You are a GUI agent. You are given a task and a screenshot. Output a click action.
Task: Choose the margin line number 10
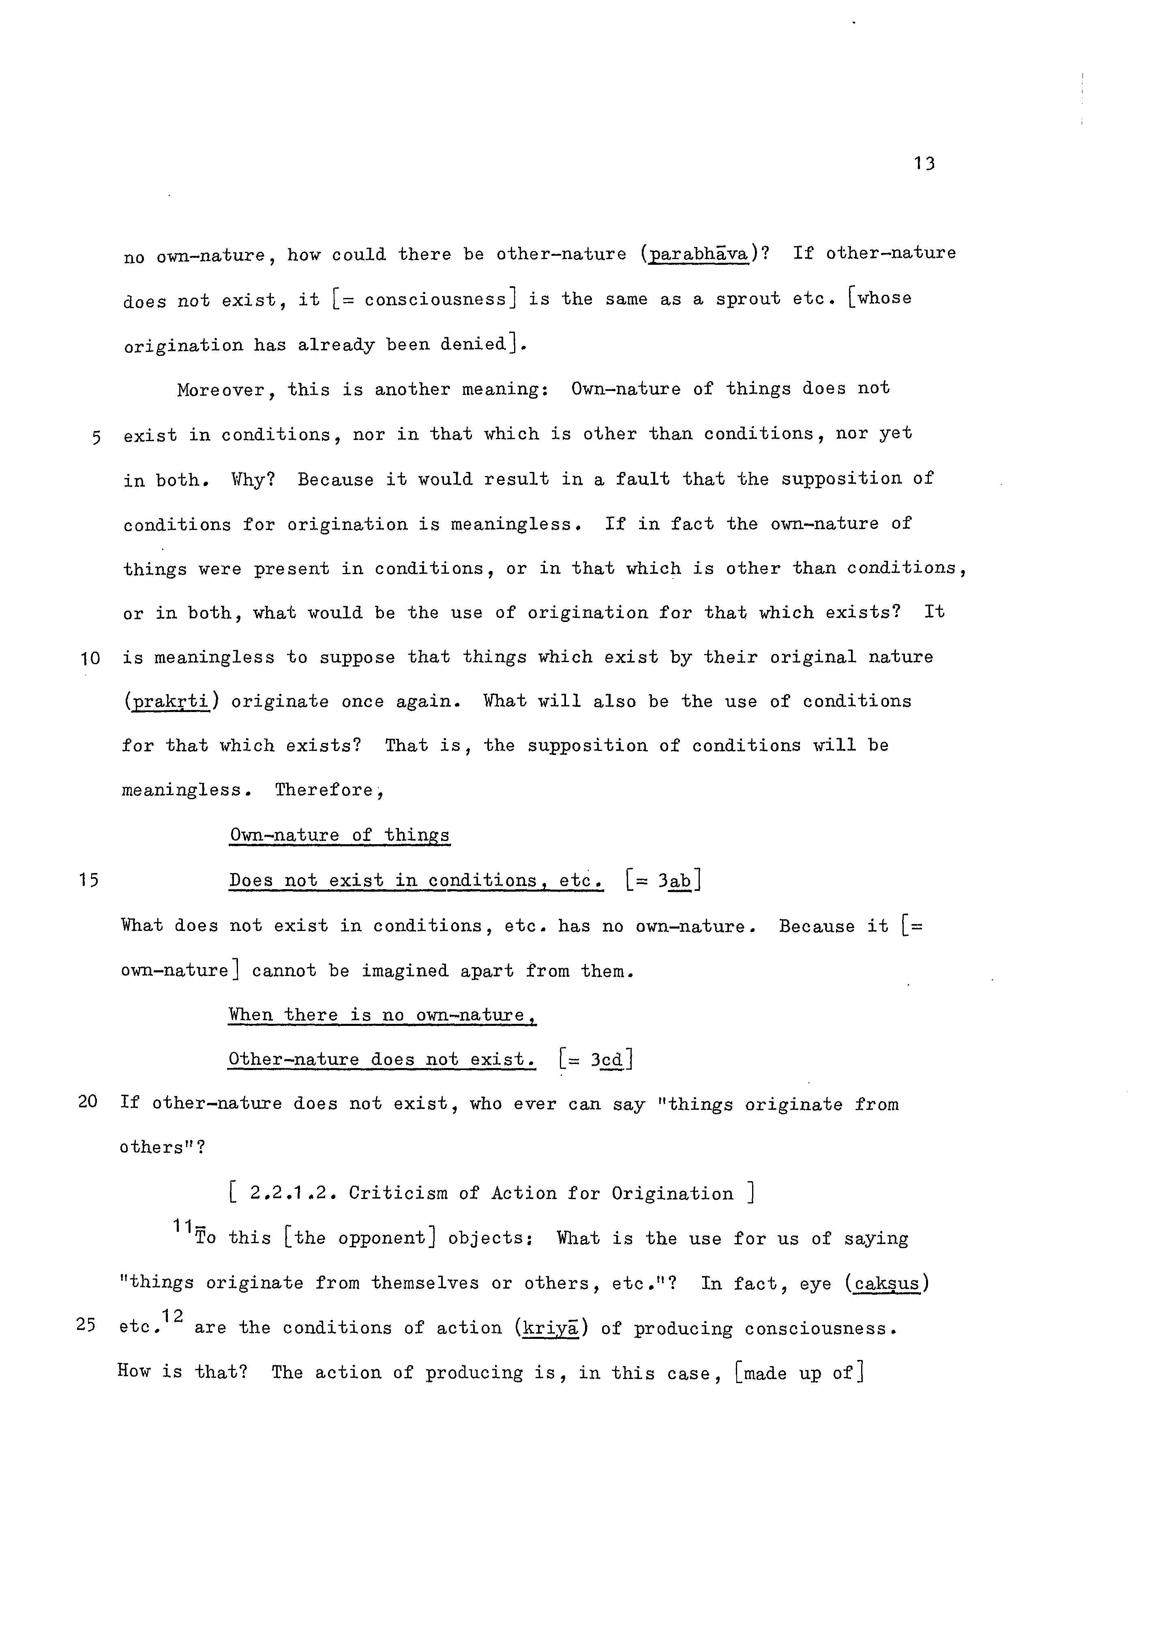[90, 658]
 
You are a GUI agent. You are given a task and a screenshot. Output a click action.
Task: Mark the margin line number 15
[89, 880]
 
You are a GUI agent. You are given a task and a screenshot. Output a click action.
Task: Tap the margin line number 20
[87, 1102]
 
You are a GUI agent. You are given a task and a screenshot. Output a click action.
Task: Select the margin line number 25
[86, 1325]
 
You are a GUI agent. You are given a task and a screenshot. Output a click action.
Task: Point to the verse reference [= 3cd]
[595, 1059]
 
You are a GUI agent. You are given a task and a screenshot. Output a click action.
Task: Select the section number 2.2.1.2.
[294, 1194]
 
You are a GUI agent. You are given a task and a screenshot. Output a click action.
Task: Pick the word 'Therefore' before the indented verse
[324, 791]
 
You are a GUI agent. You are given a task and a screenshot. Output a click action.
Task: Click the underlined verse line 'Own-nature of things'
[339, 836]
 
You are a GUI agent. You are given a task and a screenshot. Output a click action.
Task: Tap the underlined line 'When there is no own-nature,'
[382, 1015]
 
